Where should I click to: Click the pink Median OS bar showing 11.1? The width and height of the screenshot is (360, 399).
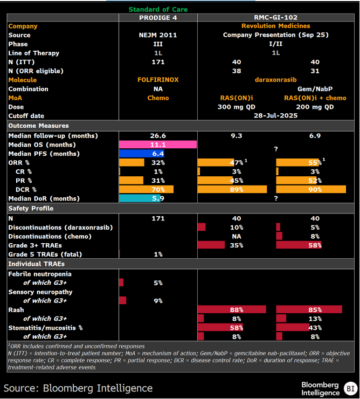point(158,145)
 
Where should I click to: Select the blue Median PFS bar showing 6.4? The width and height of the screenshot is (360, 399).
point(142,154)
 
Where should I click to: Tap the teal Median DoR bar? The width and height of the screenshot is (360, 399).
point(140,198)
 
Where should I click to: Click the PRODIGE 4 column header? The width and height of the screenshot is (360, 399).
point(158,18)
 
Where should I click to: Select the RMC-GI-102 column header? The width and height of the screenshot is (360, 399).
point(275,17)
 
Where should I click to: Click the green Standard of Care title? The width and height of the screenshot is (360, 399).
point(158,9)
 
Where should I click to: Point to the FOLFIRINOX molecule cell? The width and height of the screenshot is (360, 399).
point(158,80)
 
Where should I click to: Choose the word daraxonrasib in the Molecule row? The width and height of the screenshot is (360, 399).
point(275,80)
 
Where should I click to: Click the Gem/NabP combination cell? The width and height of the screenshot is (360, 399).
point(315,89)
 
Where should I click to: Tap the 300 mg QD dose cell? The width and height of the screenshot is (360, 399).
point(237,107)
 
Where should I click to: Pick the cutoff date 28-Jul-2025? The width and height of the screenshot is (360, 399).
point(275,115)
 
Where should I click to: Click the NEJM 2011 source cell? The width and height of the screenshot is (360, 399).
point(158,35)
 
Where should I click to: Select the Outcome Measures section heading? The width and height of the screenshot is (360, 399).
point(38,126)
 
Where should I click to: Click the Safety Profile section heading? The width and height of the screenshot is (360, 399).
point(31,209)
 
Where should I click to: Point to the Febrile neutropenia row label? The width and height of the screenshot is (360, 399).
point(40,274)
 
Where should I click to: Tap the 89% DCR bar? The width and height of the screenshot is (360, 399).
point(232,189)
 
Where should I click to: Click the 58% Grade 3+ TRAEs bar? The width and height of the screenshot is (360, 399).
point(299,245)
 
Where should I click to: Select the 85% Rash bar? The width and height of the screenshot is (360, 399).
point(309,309)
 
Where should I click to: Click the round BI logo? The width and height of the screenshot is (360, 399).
point(351,389)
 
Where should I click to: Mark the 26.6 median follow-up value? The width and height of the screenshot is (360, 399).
point(158,136)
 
